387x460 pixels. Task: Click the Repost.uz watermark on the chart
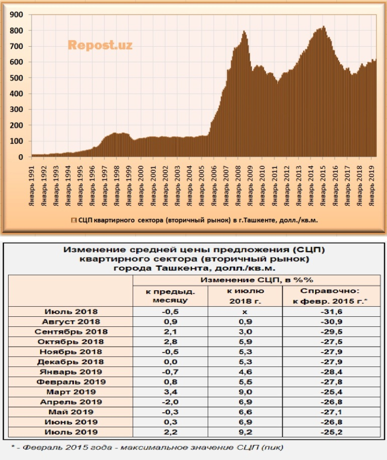pyautogui.click(x=100, y=45)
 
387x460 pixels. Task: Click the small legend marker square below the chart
pyautogui.click(x=74, y=220)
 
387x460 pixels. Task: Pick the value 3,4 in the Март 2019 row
pyautogui.click(x=170, y=392)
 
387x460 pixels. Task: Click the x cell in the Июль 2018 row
pyautogui.click(x=245, y=311)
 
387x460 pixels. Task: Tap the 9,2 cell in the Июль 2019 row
pyautogui.click(x=245, y=433)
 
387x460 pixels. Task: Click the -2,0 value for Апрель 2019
pyautogui.click(x=170, y=402)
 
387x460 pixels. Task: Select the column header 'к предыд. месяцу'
pyautogui.click(x=170, y=296)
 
